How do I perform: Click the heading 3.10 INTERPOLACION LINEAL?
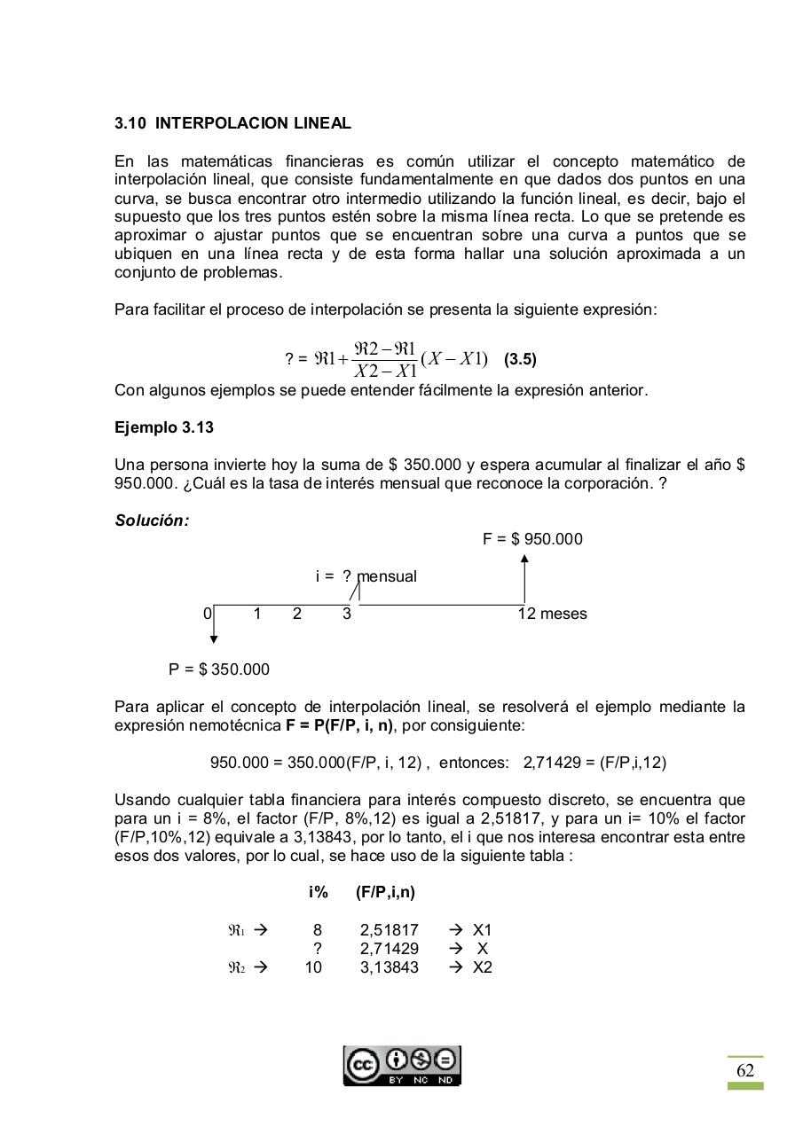click(x=232, y=123)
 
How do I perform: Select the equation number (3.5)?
click(x=520, y=360)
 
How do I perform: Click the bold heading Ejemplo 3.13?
click(x=164, y=427)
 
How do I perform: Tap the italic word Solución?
click(x=152, y=521)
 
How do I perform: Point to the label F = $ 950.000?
click(x=532, y=539)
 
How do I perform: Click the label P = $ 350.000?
click(x=219, y=669)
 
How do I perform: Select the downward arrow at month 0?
click(x=214, y=624)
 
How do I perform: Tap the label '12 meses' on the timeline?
click(x=552, y=614)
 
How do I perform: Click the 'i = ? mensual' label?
click(x=366, y=576)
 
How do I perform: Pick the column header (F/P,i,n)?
click(x=385, y=893)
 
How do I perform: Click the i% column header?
click(x=319, y=893)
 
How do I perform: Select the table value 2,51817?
click(x=389, y=930)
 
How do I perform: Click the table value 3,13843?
click(x=389, y=967)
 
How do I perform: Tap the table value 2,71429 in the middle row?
click(x=389, y=949)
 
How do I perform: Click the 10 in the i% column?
click(x=313, y=967)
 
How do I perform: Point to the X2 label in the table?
click(x=482, y=967)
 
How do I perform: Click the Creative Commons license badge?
click(x=403, y=1066)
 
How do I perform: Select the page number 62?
click(x=745, y=1070)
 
